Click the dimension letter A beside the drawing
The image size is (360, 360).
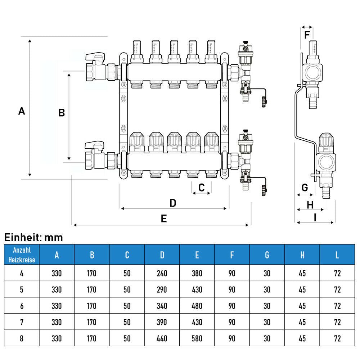[x=22, y=111]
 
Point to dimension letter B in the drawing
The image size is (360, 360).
[x=62, y=113]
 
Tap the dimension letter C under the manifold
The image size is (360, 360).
[x=202, y=187]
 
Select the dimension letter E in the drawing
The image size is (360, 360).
[x=164, y=219]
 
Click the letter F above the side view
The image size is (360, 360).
[x=307, y=35]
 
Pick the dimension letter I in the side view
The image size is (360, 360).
[x=315, y=217]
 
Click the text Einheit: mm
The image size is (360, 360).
[x=33, y=238]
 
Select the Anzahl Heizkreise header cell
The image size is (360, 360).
[x=22, y=255]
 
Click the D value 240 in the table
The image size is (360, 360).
[x=162, y=274]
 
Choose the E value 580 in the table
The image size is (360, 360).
[x=197, y=339]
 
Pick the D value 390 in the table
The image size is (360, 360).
[x=162, y=322]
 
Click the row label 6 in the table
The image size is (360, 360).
[x=22, y=306]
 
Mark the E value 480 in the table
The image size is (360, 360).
[x=197, y=306]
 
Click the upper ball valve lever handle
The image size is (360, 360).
[x=94, y=57]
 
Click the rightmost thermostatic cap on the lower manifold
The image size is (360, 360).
[x=212, y=141]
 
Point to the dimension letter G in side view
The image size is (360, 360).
[x=305, y=188]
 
